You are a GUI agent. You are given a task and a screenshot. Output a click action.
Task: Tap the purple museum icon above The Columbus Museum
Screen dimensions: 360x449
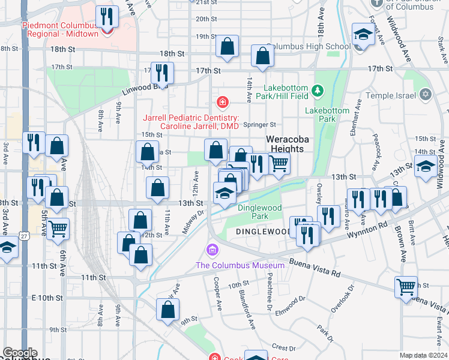click(211, 249)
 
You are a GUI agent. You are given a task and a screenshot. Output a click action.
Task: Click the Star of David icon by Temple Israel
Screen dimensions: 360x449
click(426, 94)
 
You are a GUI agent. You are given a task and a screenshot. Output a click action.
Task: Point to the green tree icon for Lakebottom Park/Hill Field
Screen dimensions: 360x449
click(318, 91)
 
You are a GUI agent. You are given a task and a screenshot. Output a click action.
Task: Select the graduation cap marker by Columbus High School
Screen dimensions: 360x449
click(363, 35)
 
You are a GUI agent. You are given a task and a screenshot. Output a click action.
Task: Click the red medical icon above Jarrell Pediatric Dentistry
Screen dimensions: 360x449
click(223, 102)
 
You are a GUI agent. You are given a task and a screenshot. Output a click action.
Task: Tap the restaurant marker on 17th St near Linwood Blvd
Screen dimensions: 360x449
click(162, 74)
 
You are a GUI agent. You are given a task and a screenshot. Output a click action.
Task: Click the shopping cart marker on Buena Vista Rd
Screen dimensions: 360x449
click(406, 287)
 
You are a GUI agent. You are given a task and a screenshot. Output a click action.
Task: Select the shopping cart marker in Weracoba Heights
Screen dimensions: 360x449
click(279, 163)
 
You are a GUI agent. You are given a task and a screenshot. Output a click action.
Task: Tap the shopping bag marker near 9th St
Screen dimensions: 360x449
click(168, 310)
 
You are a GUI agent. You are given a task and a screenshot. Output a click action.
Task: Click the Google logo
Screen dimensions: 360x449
click(20, 353)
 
